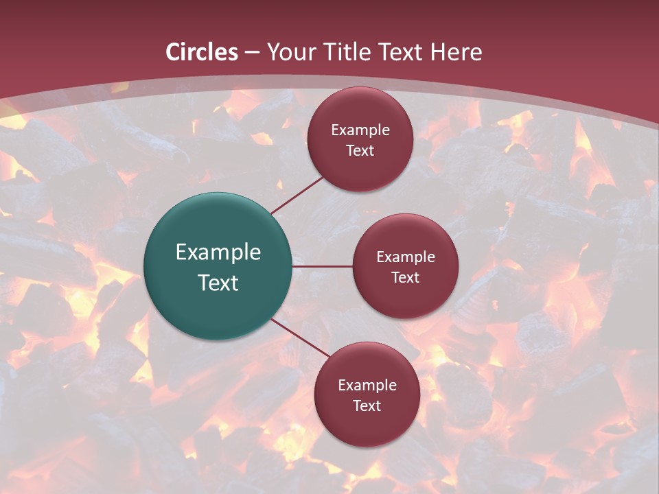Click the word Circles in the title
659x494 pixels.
[x=202, y=52]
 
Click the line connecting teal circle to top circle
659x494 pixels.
[x=297, y=194]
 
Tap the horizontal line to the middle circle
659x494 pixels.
[x=322, y=266]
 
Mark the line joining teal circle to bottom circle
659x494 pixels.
[x=300, y=338]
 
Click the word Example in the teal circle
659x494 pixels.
[x=218, y=252]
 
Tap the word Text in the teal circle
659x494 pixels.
[x=218, y=283]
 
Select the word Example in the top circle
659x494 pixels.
[x=360, y=130]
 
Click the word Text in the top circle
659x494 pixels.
[x=360, y=150]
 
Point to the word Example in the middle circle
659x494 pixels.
[x=406, y=257]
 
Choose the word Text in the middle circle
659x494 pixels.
[x=406, y=277]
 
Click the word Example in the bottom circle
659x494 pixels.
[x=367, y=386]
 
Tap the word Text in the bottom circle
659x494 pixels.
[x=367, y=405]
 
